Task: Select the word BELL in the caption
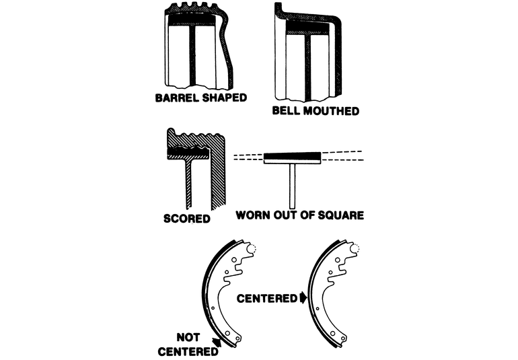(x=286, y=110)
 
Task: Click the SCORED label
(x=187, y=219)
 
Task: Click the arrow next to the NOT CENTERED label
(x=216, y=343)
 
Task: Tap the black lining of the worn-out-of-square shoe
(x=292, y=157)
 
